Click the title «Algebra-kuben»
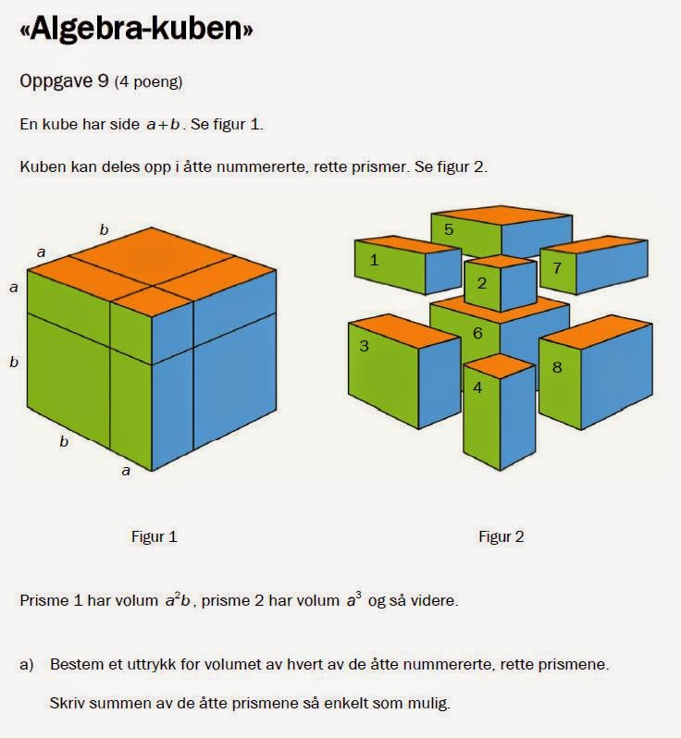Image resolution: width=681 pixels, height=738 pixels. [x=136, y=31]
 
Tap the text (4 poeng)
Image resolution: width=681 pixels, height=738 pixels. [x=148, y=82]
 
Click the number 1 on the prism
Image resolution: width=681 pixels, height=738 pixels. [x=374, y=260]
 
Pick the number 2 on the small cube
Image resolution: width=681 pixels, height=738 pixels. [x=481, y=283]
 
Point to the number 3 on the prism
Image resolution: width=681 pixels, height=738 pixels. [x=364, y=346]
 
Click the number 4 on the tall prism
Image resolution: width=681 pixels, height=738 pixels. [x=477, y=387]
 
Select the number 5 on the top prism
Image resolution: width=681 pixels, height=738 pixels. [x=449, y=228]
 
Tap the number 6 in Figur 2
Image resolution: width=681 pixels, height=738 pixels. [x=477, y=333]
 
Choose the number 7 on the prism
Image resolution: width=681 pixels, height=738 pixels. [x=556, y=268]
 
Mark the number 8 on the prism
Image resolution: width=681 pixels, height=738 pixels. [x=556, y=367]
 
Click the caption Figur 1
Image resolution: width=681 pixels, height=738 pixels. [x=154, y=536]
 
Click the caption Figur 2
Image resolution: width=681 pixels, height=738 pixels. [x=501, y=536]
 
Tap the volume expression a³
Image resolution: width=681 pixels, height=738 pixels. [x=354, y=600]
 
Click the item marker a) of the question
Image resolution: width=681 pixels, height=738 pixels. [x=27, y=664]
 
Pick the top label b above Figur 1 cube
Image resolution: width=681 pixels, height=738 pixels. [x=104, y=229]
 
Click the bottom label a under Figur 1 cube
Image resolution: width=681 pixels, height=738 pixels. [x=128, y=471]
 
